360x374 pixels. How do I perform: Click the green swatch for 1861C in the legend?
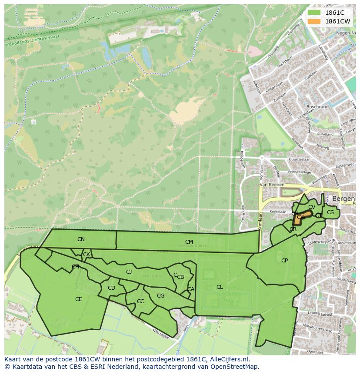click(x=313, y=13)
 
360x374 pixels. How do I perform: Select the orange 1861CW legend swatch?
click(x=313, y=21)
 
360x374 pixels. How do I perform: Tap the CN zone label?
click(x=81, y=239)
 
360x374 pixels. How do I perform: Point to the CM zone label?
click(x=189, y=242)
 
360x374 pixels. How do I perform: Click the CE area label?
click(x=78, y=299)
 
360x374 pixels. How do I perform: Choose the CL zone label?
click(x=220, y=287)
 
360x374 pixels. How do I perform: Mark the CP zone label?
click(x=284, y=261)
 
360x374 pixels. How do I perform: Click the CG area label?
click(x=160, y=296)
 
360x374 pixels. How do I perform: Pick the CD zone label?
click(x=111, y=288)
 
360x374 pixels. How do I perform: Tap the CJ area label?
click(x=129, y=272)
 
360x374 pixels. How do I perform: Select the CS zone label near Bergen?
click(x=330, y=212)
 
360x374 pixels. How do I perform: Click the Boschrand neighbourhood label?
click(x=317, y=106)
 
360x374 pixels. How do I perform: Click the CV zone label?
click(x=311, y=207)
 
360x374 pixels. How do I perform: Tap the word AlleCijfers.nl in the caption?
click(x=228, y=359)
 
